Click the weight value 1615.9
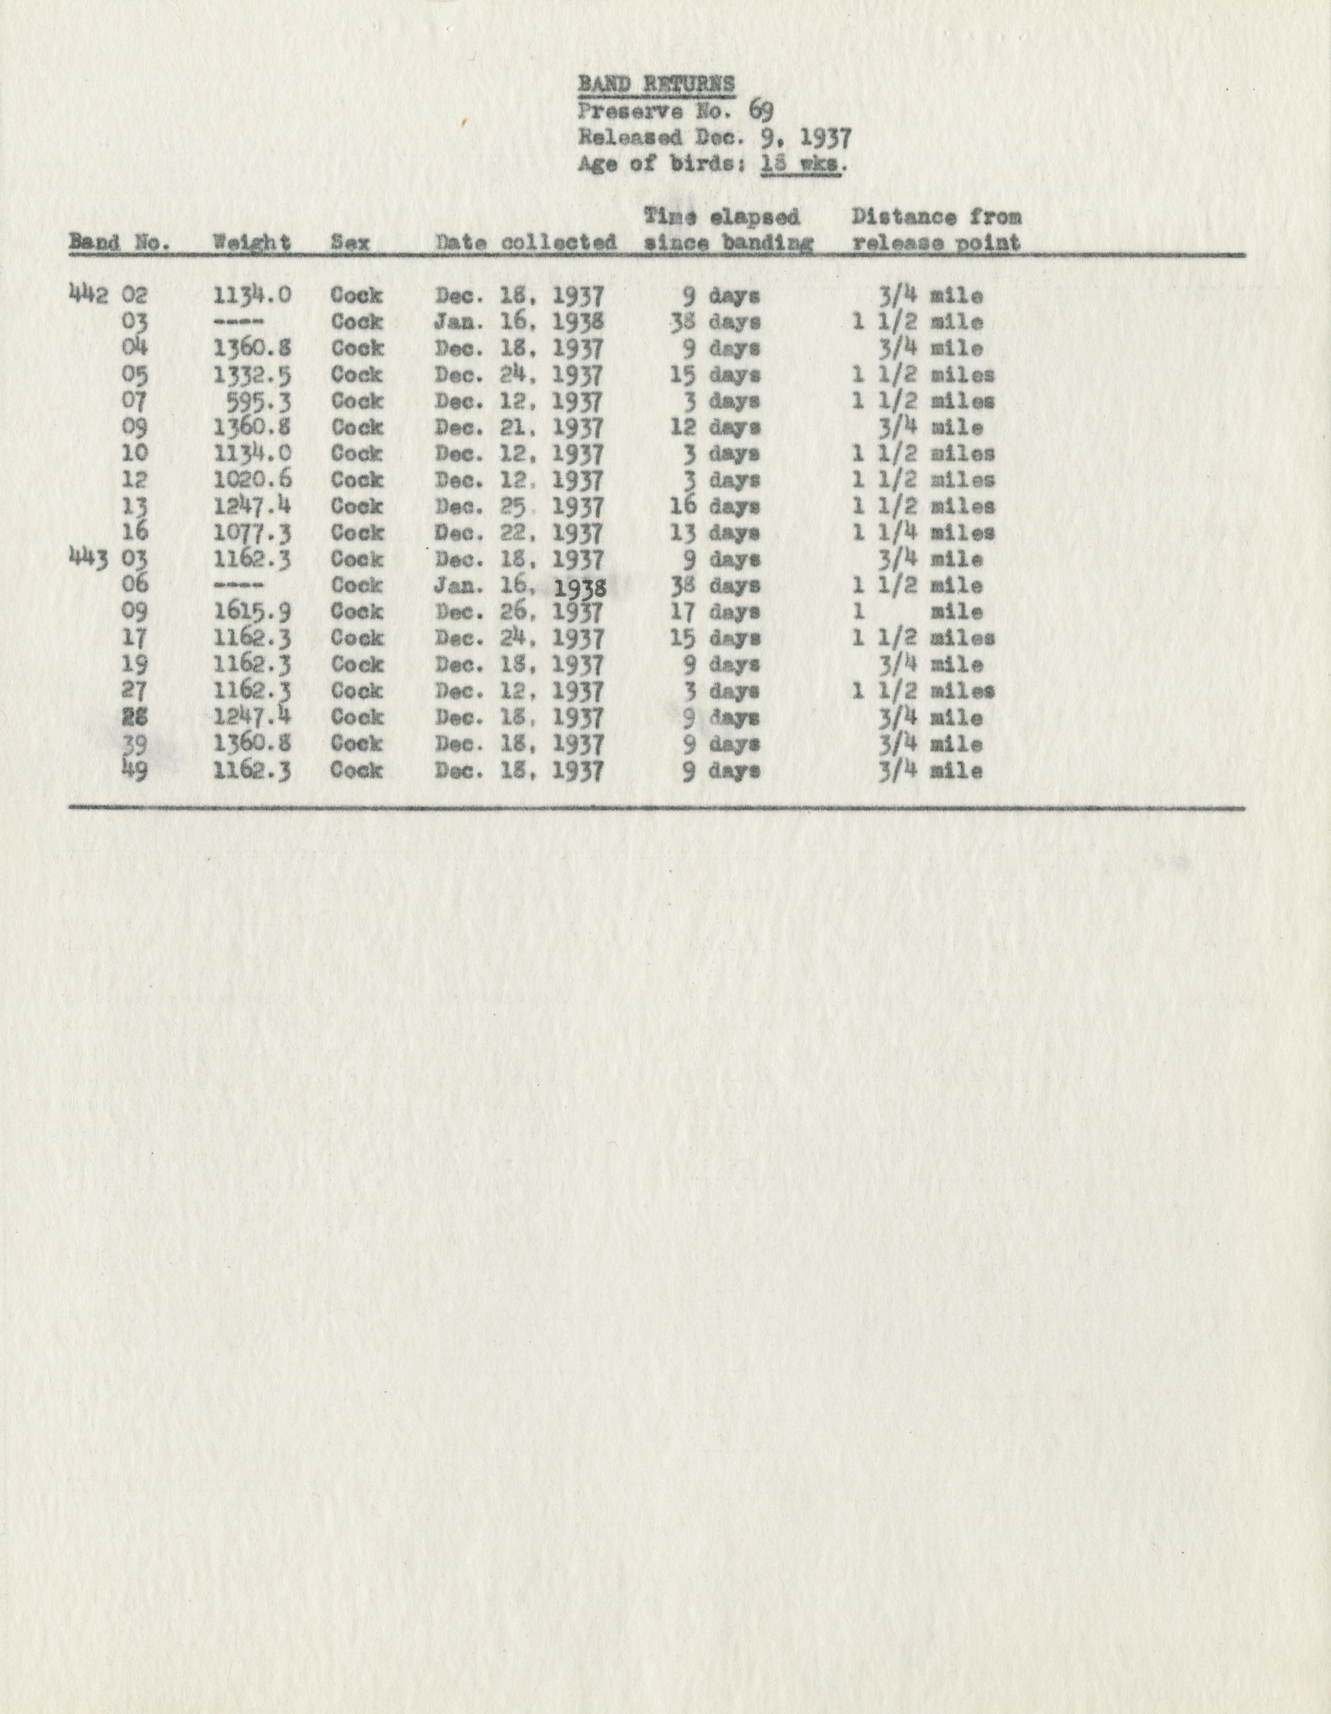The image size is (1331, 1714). click(x=253, y=611)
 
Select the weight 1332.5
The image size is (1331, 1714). click(x=253, y=375)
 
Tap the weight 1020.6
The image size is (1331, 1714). click(x=253, y=480)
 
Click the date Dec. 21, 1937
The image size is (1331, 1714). click(x=518, y=427)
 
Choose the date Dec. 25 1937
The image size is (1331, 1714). click(x=518, y=506)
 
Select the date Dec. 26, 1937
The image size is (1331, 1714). click(x=518, y=611)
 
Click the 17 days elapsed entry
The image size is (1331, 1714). click(x=715, y=611)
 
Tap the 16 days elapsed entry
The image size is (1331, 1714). click(x=715, y=506)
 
